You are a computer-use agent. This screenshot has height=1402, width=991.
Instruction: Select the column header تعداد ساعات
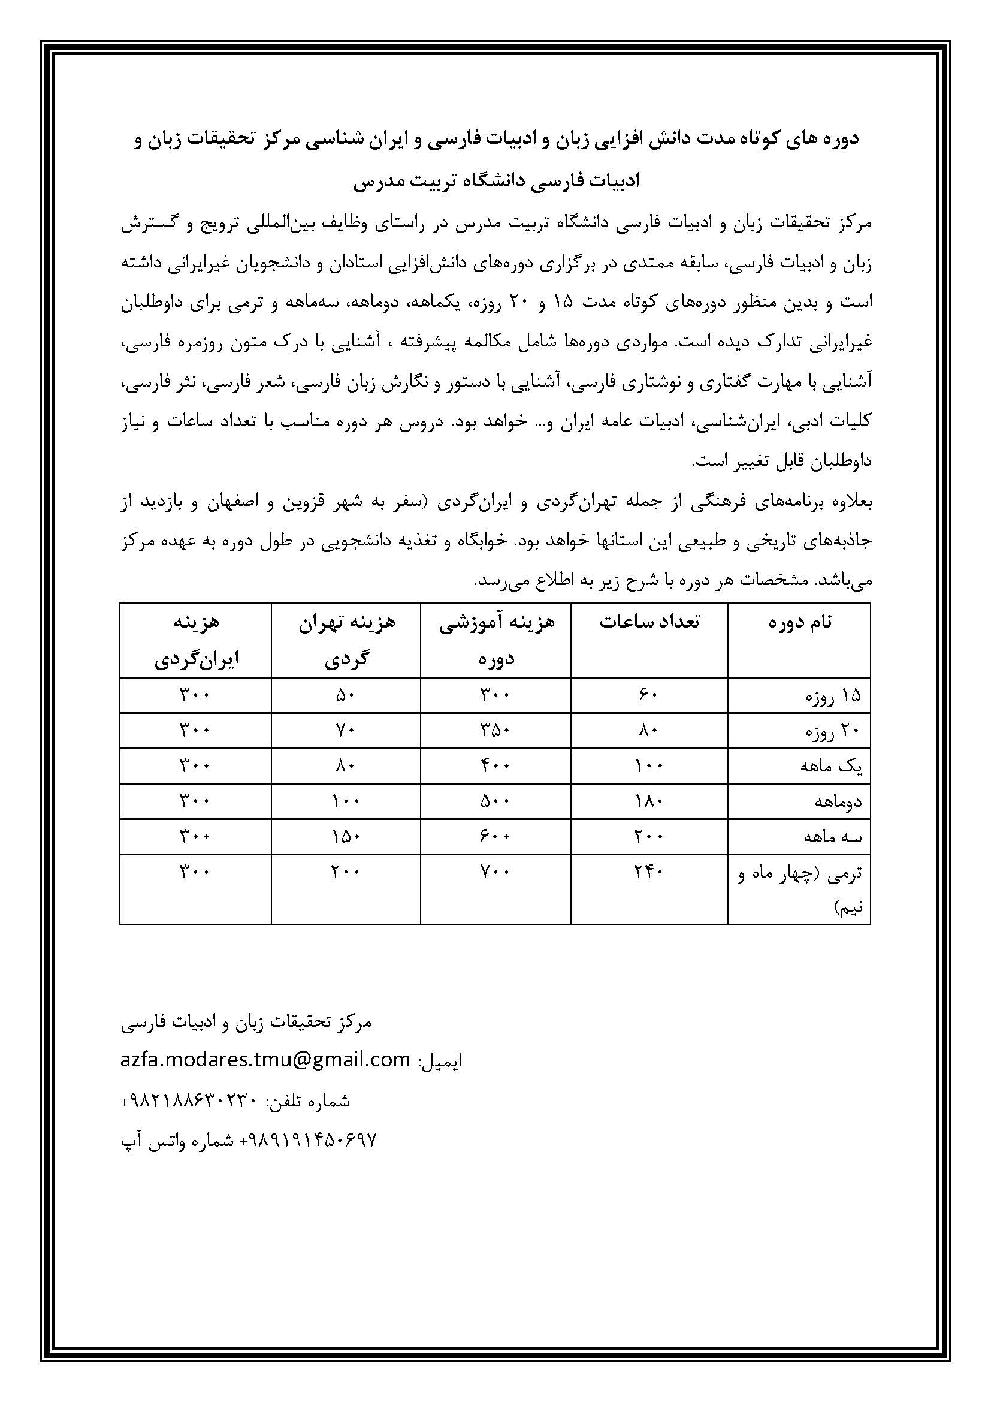tap(649, 622)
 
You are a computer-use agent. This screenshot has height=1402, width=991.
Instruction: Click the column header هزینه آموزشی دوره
tap(496, 640)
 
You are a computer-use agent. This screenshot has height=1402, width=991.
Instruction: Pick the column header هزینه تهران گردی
tap(346, 640)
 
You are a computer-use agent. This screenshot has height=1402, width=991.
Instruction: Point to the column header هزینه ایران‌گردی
tap(195, 640)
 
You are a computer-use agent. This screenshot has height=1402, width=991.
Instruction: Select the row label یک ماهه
tap(831, 767)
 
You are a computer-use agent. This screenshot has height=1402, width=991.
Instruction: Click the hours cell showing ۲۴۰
tap(648, 872)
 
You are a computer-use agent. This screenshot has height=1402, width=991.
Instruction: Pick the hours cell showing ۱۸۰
tap(648, 801)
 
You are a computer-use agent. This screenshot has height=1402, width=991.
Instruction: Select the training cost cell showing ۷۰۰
tap(496, 872)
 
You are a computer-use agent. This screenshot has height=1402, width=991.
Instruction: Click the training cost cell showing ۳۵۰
tap(496, 730)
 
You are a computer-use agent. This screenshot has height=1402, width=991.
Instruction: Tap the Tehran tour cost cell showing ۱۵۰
tap(346, 837)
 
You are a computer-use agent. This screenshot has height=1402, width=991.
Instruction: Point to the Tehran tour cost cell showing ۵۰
tap(346, 695)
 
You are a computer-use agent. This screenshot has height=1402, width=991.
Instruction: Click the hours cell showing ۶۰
tap(648, 695)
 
